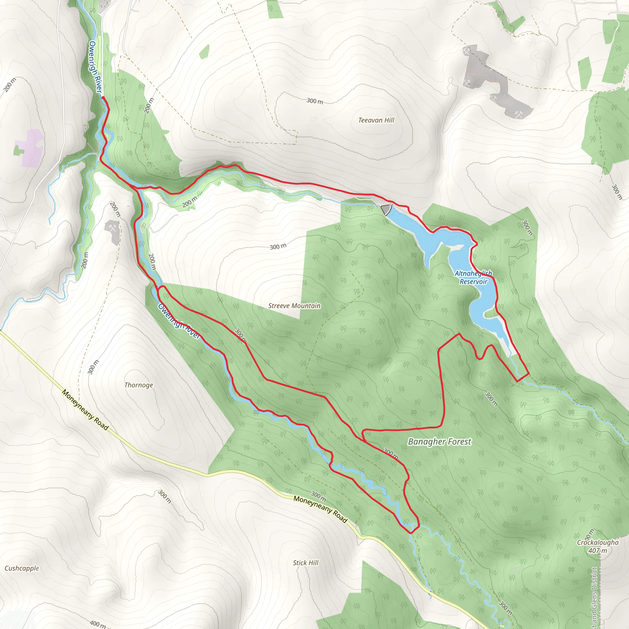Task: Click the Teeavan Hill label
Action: click(x=376, y=120)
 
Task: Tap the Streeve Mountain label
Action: click(x=294, y=306)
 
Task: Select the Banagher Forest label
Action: click(x=439, y=442)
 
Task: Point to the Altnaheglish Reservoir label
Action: click(x=473, y=278)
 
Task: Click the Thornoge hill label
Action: click(x=139, y=385)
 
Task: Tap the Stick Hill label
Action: click(x=305, y=563)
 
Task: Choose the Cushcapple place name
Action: click(x=22, y=568)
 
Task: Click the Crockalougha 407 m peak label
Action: click(x=598, y=547)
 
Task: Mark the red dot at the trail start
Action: click(x=103, y=97)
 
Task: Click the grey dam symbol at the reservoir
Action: click(x=386, y=209)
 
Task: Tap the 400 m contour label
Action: click(x=97, y=624)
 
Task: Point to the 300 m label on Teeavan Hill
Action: click(x=314, y=101)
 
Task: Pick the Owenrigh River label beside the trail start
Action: click(x=96, y=66)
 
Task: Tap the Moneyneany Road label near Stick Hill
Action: click(x=320, y=509)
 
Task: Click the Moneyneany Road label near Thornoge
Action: click(x=85, y=410)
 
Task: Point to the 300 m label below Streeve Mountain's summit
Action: click(x=278, y=246)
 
